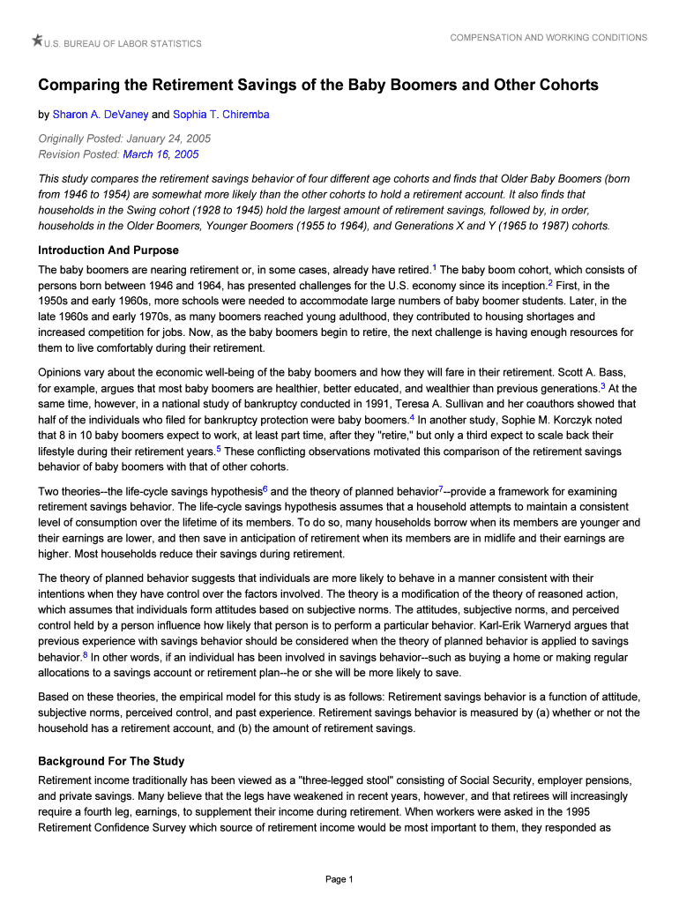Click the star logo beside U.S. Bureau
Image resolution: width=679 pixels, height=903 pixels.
(x=37, y=40)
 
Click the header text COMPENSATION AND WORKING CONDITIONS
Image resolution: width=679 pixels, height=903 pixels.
(x=548, y=38)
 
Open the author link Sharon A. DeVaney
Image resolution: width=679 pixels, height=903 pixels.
(x=101, y=115)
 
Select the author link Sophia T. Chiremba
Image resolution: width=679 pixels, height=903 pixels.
(x=220, y=115)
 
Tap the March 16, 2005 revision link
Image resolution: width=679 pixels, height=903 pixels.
(x=160, y=154)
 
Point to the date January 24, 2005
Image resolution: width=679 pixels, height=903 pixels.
(x=168, y=139)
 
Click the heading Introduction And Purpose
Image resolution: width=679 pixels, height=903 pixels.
(x=108, y=250)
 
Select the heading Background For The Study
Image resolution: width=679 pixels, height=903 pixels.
(x=111, y=761)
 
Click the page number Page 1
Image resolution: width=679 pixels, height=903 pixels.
(x=339, y=879)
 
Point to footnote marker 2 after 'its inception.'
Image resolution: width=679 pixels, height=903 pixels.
(x=549, y=282)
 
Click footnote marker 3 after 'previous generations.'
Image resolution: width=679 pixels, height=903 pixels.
(x=602, y=384)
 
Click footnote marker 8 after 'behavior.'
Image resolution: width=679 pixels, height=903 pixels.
(x=85, y=654)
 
